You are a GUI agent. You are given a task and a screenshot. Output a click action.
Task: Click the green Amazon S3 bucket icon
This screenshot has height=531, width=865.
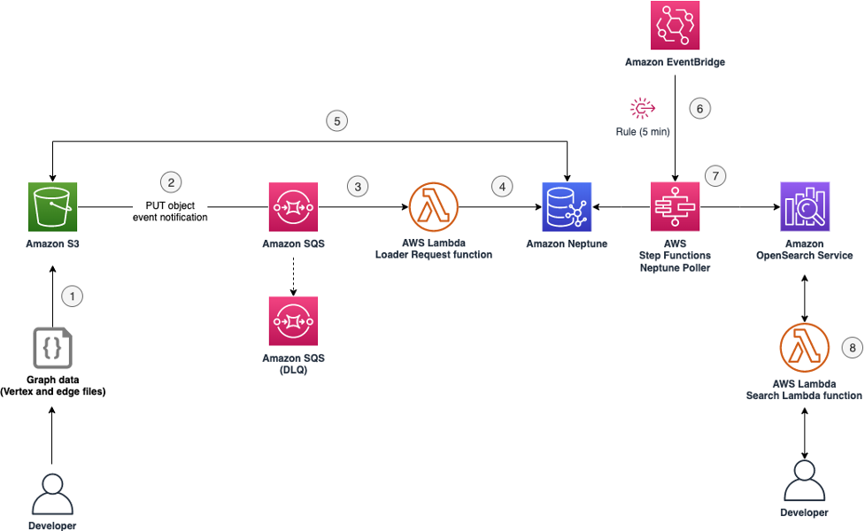pyautogui.click(x=51, y=207)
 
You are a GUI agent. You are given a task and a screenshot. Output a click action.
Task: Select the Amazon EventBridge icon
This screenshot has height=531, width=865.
pyautogui.click(x=676, y=27)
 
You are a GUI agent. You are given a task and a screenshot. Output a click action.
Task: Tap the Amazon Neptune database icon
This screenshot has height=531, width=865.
pyautogui.click(x=567, y=207)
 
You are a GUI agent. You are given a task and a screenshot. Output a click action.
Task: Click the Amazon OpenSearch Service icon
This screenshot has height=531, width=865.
pyautogui.click(x=804, y=207)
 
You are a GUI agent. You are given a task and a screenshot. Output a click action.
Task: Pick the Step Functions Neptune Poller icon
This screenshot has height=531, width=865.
pyautogui.click(x=676, y=207)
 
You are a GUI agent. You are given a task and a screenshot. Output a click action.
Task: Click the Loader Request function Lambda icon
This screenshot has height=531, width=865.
pyautogui.click(x=433, y=207)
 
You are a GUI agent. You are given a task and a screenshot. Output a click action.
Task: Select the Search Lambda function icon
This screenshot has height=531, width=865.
pyautogui.click(x=804, y=348)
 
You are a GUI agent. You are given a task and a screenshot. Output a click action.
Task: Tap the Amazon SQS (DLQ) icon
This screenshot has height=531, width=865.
pyautogui.click(x=292, y=320)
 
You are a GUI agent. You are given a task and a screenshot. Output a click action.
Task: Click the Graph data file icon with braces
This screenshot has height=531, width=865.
pyautogui.click(x=51, y=348)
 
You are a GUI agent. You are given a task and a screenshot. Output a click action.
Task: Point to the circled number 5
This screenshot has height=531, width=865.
pyautogui.click(x=336, y=120)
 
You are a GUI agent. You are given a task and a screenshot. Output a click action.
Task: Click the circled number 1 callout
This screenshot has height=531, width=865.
pyautogui.click(x=72, y=296)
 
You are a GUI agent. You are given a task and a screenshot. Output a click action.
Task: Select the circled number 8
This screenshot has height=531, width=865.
pyautogui.click(x=851, y=348)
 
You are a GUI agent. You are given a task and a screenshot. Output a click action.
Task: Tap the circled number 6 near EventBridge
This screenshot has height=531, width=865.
pyautogui.click(x=699, y=108)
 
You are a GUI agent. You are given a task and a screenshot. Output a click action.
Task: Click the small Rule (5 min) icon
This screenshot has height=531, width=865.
pyautogui.click(x=642, y=109)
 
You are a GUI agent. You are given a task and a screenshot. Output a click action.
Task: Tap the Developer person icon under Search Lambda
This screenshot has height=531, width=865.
pyautogui.click(x=804, y=482)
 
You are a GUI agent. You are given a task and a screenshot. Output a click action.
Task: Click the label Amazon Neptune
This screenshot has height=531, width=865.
pyautogui.click(x=567, y=242)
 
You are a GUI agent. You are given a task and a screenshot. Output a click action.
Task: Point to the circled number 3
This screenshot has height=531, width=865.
pyautogui.click(x=358, y=186)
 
